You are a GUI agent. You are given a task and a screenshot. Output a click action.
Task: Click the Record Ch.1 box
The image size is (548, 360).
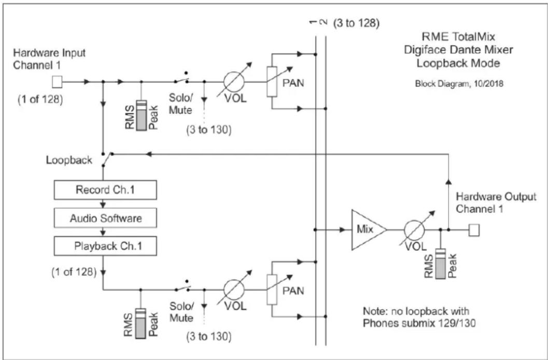point(105,190)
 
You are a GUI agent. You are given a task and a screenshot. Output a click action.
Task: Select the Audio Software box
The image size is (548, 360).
point(105,218)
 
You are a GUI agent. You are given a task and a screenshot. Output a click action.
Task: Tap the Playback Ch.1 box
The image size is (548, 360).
point(105,246)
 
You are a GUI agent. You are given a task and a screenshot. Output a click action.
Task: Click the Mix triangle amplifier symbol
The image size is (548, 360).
point(369,230)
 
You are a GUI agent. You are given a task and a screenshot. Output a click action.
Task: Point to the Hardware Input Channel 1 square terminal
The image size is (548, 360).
point(57,82)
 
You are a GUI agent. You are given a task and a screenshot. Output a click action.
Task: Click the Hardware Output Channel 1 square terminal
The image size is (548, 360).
point(474,230)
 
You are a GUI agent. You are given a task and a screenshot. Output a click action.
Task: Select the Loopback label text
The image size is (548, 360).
point(69,160)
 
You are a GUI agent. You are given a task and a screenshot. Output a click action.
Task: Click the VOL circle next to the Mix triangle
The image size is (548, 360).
point(414,231)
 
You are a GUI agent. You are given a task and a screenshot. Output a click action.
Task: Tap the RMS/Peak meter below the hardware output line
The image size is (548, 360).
point(441,264)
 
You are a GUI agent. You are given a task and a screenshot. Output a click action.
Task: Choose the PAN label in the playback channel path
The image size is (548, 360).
point(293,291)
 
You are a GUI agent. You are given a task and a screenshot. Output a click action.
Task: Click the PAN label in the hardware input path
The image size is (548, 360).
point(293,83)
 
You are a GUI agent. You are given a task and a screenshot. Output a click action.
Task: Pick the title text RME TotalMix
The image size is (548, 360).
point(458,37)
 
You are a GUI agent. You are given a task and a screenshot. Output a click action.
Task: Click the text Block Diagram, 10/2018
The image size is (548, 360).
point(459,84)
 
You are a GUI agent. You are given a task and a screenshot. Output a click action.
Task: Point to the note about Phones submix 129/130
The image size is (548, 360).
point(419,317)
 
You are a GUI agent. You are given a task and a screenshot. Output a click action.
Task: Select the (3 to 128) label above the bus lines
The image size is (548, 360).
point(356,23)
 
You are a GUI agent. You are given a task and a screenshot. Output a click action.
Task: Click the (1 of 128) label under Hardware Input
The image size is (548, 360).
point(40,100)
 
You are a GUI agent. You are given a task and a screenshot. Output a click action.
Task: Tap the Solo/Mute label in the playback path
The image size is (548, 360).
point(181,312)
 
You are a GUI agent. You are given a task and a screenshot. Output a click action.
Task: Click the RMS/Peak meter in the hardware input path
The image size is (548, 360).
point(142,116)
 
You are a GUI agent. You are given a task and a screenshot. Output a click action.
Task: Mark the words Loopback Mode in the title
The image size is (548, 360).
point(458,63)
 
